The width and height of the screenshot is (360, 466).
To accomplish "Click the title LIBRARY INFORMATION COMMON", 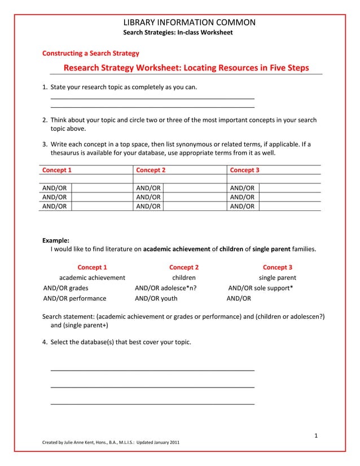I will tap(189, 23).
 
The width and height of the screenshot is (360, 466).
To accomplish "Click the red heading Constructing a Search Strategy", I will tap(91, 54).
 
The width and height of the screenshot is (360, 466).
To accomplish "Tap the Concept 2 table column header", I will tap(151, 170).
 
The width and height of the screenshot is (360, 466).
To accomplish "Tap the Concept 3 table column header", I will tap(244, 170).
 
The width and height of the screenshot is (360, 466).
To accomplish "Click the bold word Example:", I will tap(56, 240).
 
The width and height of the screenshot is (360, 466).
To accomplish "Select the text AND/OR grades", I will tap(65, 288).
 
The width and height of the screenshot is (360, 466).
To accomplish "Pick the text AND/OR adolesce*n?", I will tap(165, 288).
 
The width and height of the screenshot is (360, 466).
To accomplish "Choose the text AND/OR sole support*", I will tap(260, 288).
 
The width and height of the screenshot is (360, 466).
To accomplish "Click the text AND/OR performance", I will tap(74, 298).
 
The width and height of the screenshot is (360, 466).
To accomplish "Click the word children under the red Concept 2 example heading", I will tap(184, 278).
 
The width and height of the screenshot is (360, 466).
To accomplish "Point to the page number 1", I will tap(317, 435).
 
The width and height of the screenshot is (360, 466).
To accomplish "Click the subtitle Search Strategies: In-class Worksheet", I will tap(178, 33).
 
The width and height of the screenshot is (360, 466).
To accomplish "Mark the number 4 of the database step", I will tap(45, 342).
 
